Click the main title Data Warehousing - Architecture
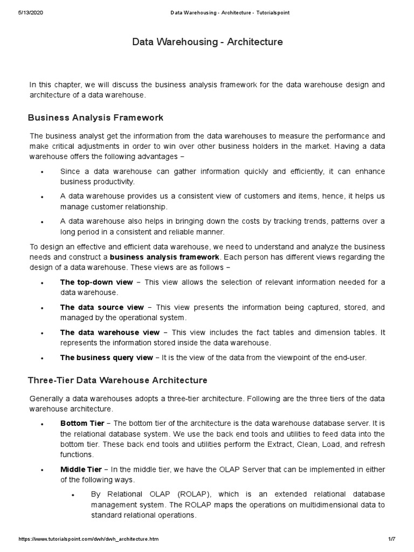coord(207,42)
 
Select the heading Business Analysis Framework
coord(95,118)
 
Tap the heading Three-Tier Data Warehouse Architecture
coord(118,380)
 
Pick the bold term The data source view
coord(102,307)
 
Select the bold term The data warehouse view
coord(110,332)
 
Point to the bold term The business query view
coord(106,357)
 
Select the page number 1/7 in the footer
coord(392,539)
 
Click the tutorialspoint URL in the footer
coord(88,539)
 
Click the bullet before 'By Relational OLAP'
coord(73,495)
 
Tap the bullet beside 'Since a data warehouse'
coord(42,172)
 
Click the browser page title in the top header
coord(222,13)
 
